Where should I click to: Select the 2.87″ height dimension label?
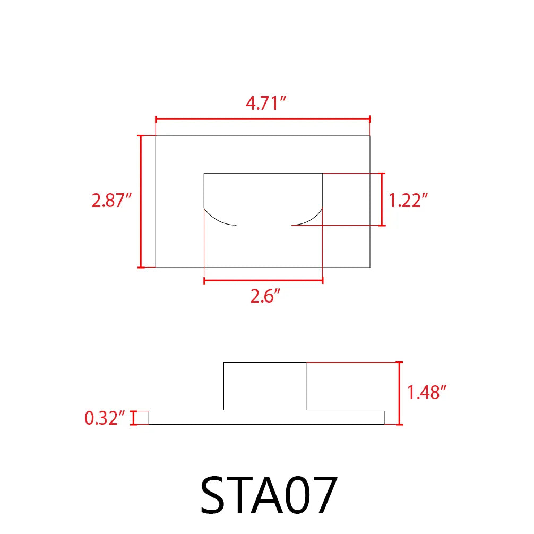(111, 201)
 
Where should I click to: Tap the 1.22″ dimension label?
(408, 201)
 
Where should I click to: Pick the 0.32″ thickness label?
(105, 418)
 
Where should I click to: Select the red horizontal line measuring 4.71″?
(262, 119)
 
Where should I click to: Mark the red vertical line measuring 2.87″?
(141, 201)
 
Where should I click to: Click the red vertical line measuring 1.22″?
(382, 199)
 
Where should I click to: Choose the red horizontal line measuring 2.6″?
(263, 280)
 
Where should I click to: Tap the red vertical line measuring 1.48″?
(400, 393)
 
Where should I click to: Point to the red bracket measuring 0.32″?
(133, 418)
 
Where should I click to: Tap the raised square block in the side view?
(265, 386)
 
